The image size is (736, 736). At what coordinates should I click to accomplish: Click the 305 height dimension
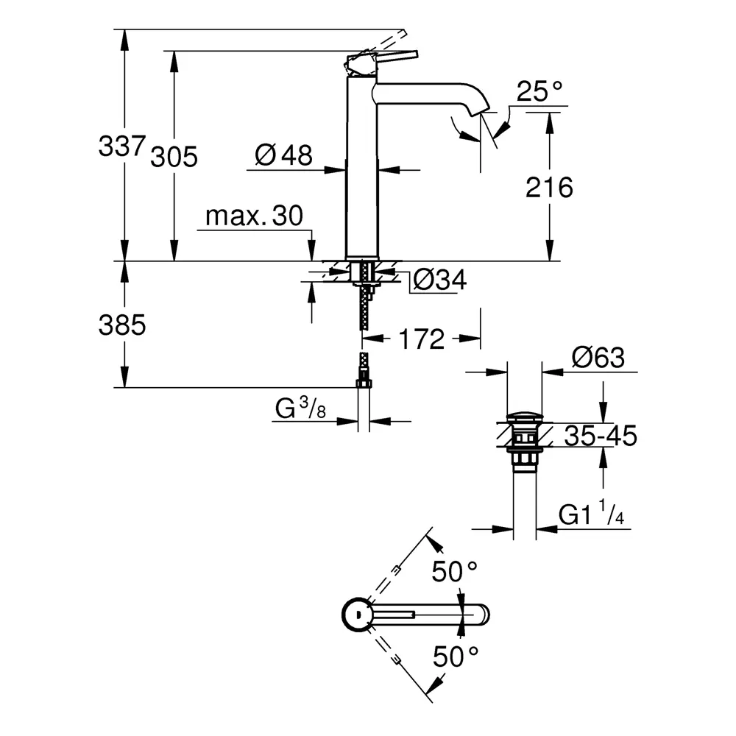tap(174, 156)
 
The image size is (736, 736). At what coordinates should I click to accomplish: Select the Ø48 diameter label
tap(283, 155)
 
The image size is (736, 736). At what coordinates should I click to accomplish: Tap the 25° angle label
tap(539, 92)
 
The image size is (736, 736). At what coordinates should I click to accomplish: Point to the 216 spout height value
tap(549, 188)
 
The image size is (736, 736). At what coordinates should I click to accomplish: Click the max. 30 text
tap(254, 216)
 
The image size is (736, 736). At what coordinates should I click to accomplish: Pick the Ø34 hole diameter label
tap(439, 280)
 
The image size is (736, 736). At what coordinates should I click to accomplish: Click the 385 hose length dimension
tap(122, 325)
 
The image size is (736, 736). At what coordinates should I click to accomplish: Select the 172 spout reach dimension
tap(423, 339)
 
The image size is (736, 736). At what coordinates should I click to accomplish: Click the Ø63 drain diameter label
tap(598, 358)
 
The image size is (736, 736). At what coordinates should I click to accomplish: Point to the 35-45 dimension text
tap(601, 436)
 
